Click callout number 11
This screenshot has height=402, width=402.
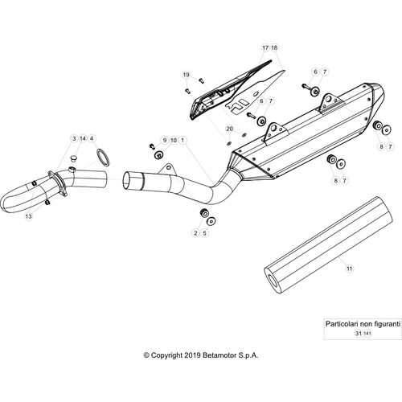(x=350, y=269)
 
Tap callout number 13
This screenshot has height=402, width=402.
(x=28, y=216)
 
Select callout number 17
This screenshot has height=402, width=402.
(x=265, y=47)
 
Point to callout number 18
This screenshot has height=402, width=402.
(x=274, y=47)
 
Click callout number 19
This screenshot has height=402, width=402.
(x=187, y=75)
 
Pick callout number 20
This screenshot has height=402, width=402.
(x=230, y=129)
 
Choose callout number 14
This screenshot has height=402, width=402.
(x=83, y=138)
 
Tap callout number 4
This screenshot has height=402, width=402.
(x=92, y=138)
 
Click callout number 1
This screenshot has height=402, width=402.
(x=183, y=140)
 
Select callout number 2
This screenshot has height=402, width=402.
(x=195, y=233)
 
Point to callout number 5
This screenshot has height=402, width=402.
(x=204, y=233)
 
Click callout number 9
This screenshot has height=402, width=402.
(x=165, y=140)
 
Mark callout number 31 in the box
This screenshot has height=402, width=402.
(x=359, y=334)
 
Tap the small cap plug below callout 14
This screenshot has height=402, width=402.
(x=73, y=158)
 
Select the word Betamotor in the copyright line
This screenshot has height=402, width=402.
(x=219, y=355)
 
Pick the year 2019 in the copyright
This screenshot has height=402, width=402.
(x=193, y=355)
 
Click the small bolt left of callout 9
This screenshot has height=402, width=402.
(x=152, y=146)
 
